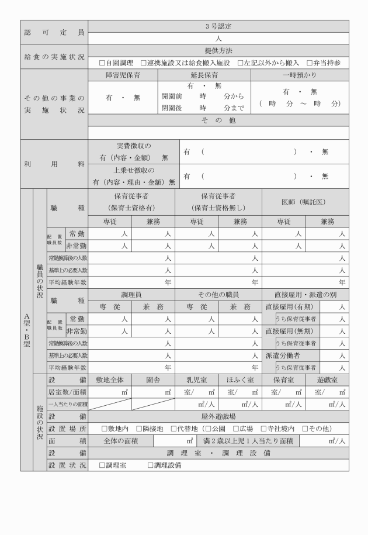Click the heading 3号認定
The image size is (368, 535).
point(218,26)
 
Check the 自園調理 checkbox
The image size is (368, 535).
point(102,63)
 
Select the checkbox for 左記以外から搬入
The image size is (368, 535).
point(240,63)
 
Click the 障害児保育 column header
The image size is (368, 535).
point(123,75)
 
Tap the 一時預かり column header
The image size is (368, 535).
point(300,75)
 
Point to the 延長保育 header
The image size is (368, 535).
point(204,75)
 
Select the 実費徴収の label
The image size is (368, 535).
point(133,146)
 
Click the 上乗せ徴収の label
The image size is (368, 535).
point(133,171)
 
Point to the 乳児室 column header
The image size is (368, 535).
point(196,379)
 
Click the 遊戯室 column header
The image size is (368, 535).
point(327,379)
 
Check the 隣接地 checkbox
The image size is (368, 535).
point(139,429)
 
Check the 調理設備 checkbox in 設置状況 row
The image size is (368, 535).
point(150,465)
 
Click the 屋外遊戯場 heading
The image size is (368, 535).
point(218,416)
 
